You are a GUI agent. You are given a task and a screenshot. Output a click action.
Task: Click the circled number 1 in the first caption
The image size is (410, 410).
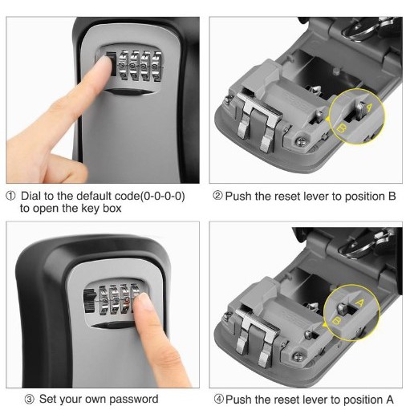11,196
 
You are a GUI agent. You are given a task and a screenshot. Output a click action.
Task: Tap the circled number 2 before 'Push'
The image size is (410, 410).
217,196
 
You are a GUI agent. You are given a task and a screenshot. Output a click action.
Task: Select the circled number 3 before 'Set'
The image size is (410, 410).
30,400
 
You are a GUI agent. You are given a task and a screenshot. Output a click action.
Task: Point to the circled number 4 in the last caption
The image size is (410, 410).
219,400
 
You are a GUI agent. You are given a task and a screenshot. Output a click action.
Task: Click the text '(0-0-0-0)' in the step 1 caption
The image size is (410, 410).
162,196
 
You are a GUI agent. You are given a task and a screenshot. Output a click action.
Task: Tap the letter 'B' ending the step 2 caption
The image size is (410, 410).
392,196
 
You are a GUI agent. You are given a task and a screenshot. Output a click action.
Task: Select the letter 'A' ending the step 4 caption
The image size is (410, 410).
390,400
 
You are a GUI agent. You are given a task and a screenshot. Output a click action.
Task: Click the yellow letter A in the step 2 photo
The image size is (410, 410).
369,107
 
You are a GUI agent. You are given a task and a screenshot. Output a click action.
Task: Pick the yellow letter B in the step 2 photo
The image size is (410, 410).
342,128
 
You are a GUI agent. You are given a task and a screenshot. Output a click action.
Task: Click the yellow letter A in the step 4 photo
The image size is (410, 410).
360,302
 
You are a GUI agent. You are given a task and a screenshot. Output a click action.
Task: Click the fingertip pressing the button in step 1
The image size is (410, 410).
103,65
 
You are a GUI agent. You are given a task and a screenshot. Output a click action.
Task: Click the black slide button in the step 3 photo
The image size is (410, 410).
90,301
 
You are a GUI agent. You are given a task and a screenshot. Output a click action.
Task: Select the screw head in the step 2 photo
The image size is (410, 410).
301,140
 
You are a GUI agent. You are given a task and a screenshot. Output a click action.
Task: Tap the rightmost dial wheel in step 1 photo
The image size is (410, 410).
156,67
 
